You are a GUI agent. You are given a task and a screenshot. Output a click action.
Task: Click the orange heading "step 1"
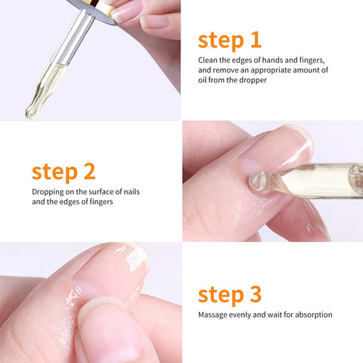(229, 40)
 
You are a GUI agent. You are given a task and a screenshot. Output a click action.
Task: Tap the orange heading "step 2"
(64, 171)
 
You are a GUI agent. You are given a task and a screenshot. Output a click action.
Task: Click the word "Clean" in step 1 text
(209, 60)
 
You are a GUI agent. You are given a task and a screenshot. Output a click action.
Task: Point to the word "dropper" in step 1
(250, 79)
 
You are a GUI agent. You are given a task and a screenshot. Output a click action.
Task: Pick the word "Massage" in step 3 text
(214, 315)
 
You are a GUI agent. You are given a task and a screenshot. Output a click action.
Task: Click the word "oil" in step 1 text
(206, 79)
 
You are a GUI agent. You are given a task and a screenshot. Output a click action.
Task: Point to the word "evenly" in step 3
(246, 315)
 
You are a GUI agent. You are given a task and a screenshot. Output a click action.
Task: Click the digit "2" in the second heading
(88, 171)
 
